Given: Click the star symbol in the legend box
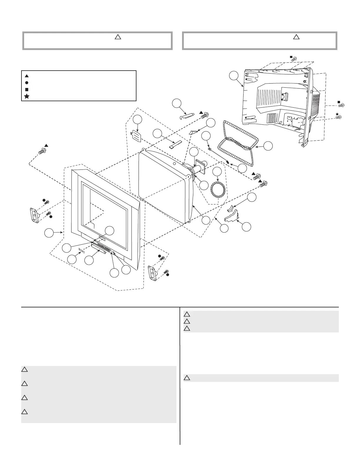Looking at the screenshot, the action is coord(27,96).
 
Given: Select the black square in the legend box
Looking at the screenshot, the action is coord(27,89).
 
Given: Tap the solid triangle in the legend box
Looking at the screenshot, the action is coord(27,76).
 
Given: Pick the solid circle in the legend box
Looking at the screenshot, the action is coord(27,83).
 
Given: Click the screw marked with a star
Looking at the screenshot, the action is coord(339,117).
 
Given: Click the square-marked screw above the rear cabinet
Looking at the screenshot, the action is coord(293,59).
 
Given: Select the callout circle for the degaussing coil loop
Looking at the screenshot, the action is coord(268,146).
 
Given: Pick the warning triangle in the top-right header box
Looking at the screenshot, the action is coord(296,37).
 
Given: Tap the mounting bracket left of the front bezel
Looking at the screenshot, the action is coord(34,216).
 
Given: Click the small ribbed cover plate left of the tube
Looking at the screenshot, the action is coord(136,136).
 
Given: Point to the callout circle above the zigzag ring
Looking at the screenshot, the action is coord(217,172).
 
